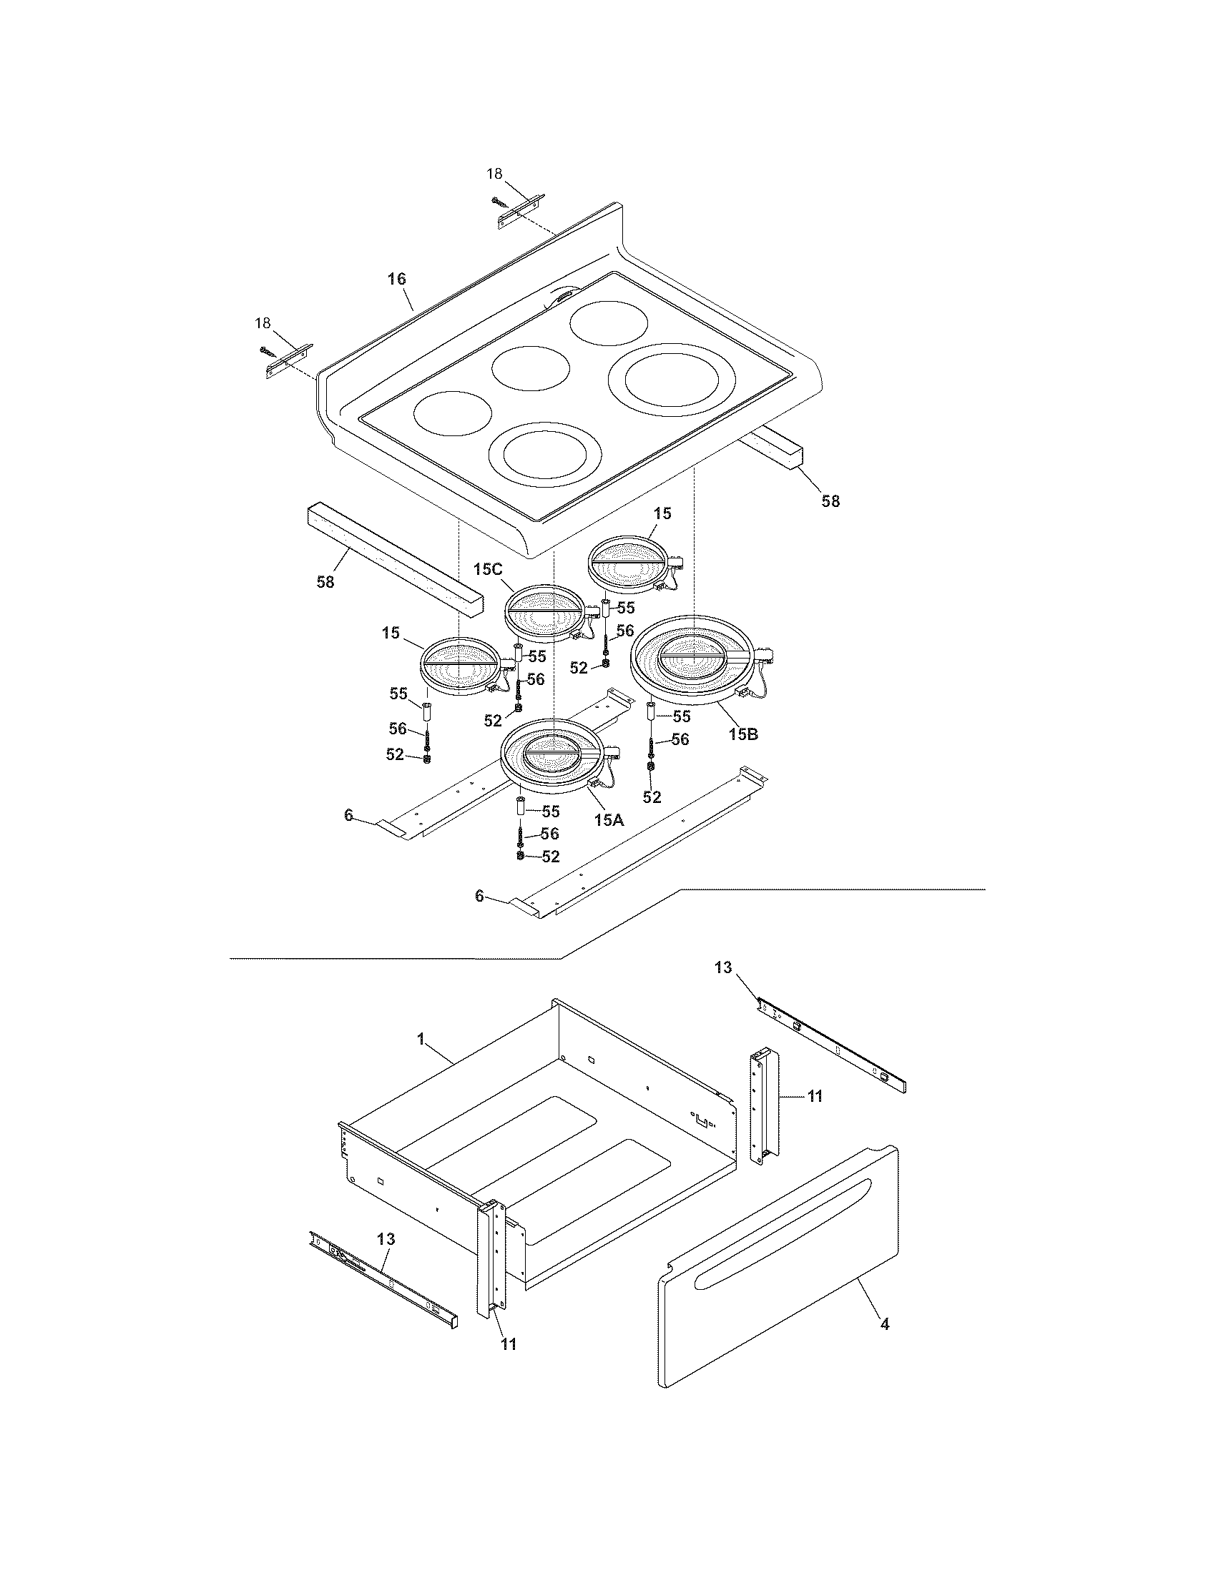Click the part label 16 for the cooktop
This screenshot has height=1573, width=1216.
(397, 279)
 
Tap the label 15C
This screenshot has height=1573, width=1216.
(487, 569)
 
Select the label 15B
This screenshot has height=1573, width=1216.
(742, 734)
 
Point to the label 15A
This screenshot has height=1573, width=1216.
(609, 819)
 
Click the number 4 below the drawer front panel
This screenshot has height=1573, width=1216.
(885, 1323)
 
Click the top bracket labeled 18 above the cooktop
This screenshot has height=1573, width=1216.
(521, 214)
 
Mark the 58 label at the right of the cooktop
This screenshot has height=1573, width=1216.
(830, 501)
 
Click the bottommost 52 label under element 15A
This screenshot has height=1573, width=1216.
(550, 857)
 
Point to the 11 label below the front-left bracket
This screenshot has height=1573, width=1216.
(509, 1344)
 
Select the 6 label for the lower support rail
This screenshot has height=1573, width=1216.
(479, 895)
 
